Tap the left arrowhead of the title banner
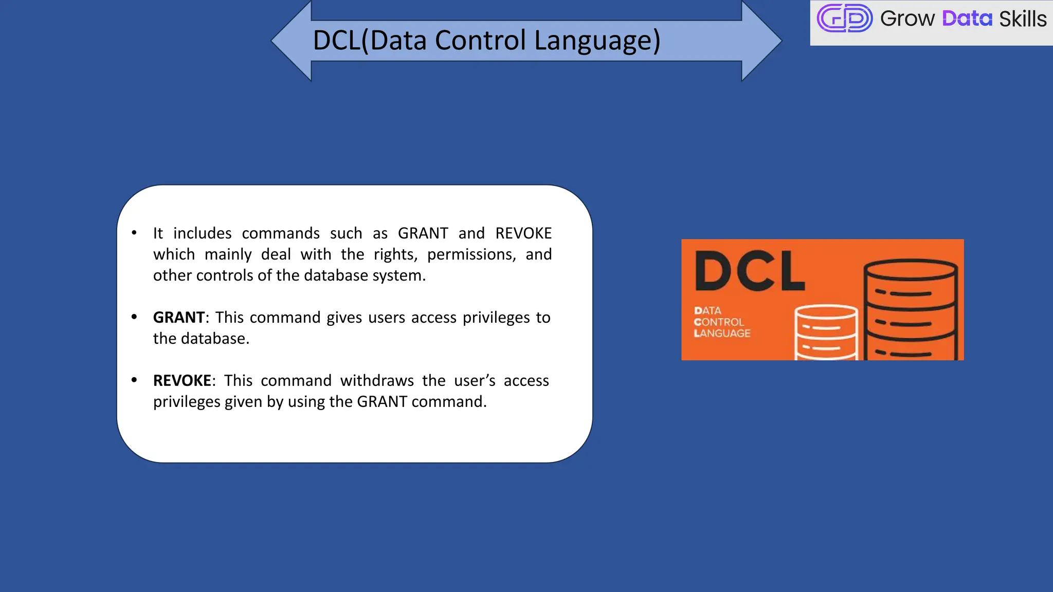point(293,41)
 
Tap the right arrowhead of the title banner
point(760,41)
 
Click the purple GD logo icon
point(844,18)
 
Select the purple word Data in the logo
point(967,19)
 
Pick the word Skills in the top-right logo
point(1022,19)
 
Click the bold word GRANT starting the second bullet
point(179,318)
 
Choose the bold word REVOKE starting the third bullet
point(182,381)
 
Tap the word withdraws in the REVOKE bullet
point(377,381)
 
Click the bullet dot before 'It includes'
point(134,233)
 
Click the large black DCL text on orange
point(750,271)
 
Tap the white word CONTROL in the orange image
point(719,322)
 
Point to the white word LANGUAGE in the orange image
point(722,334)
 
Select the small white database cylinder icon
point(826,332)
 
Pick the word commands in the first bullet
point(281,234)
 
